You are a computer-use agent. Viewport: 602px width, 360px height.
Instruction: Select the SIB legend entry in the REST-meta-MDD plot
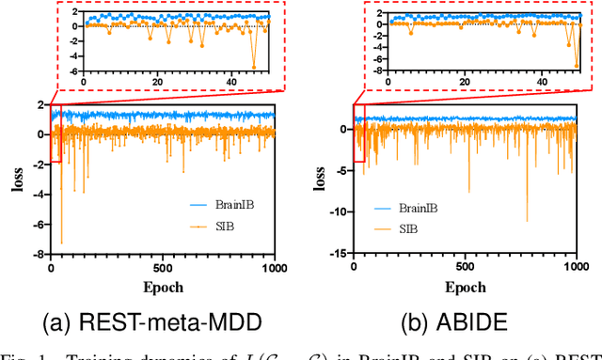click(214, 227)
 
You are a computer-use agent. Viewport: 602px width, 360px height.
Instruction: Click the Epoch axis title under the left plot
click(165, 286)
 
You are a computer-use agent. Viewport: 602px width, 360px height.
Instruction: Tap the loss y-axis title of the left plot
click(17, 179)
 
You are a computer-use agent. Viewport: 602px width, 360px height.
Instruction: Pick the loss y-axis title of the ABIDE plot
click(319, 179)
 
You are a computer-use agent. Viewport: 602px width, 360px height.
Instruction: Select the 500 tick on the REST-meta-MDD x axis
click(165, 268)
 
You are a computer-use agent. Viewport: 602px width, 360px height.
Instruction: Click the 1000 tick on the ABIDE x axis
click(575, 268)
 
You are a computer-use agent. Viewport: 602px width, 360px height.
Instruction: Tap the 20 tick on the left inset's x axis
click(157, 83)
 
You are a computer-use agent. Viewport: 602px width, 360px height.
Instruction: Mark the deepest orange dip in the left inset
click(253, 66)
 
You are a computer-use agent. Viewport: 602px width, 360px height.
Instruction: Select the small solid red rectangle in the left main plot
click(55, 133)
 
